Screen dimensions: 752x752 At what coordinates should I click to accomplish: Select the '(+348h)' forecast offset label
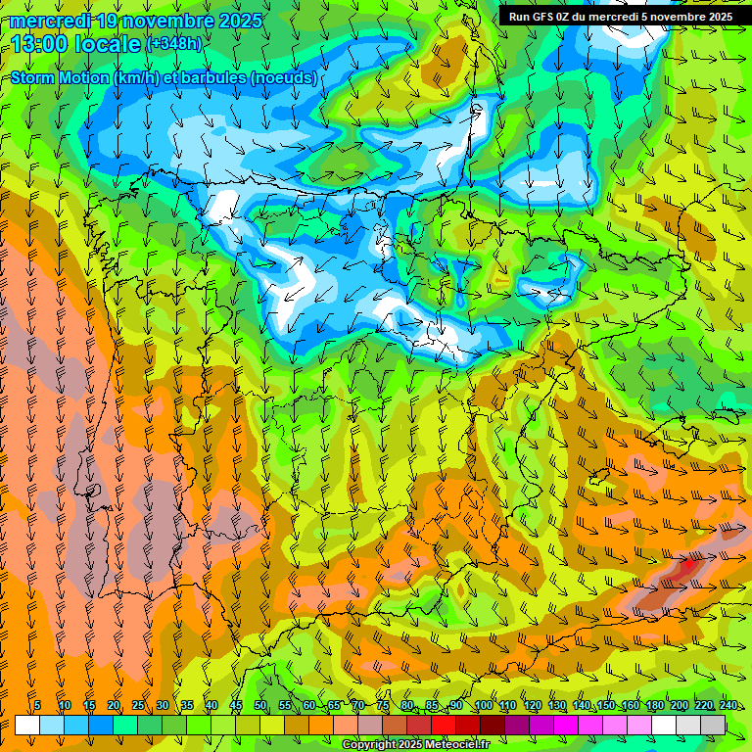pos(173,43)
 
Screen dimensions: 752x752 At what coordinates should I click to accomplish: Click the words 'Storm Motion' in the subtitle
pos(60,77)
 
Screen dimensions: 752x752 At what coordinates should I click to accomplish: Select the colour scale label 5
pos(37,705)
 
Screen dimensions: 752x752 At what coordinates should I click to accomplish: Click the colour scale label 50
pos(260,705)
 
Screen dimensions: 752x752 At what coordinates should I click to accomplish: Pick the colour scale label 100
pos(484,705)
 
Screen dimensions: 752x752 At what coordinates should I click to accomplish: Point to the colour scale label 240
pos(728,705)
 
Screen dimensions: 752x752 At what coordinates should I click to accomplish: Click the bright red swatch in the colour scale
pos(444,725)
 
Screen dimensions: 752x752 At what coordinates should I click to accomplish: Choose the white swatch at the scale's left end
pos(27,725)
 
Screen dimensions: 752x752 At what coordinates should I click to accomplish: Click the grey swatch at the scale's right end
pos(713,725)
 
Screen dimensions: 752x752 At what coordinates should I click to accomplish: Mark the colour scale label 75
pos(383,705)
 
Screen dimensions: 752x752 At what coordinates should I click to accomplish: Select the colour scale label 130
pos(557,705)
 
